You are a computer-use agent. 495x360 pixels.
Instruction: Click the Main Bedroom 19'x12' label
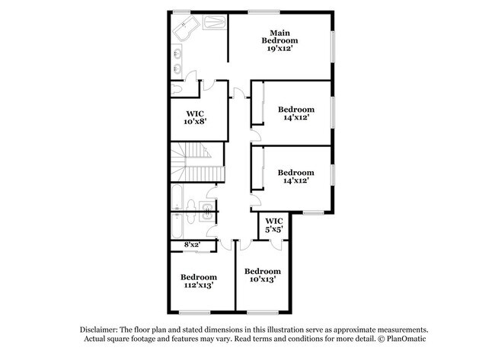tap(279, 40)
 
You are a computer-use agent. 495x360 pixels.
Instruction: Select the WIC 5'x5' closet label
tap(273, 225)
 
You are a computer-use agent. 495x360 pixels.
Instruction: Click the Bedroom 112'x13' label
tap(198, 281)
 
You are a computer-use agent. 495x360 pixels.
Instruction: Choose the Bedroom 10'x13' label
tap(263, 275)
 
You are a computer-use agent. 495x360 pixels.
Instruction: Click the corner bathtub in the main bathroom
tap(185, 32)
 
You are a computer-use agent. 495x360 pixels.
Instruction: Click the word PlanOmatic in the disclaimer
tap(399, 339)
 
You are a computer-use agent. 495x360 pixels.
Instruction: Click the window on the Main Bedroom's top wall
tap(263, 11)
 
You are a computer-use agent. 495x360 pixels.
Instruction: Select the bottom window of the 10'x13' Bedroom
tap(263, 311)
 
